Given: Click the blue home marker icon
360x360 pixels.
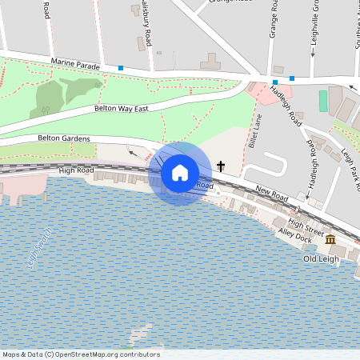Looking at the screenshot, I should click(180, 172).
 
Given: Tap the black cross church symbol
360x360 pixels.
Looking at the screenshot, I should click(221, 167).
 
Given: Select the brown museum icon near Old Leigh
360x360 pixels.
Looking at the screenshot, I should click(330, 239).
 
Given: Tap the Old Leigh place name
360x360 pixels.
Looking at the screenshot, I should click(321, 258).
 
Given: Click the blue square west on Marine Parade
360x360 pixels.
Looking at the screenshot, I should click(121, 68).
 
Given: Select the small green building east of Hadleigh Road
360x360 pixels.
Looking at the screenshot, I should click(323, 101).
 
